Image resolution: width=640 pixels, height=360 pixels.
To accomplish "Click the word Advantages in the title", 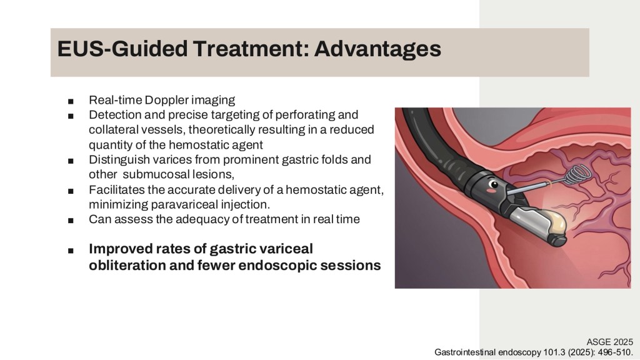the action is click(x=377, y=49).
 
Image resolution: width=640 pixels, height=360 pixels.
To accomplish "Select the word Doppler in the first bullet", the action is click(x=166, y=101).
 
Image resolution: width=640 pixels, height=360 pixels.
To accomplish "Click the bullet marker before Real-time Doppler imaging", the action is click(x=71, y=101).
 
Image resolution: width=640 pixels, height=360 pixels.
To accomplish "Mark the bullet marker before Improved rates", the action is click(x=71, y=251).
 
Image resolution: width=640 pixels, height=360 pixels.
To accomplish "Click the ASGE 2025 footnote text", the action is click(x=610, y=342).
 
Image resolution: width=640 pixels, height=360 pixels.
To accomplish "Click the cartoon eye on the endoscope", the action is click(x=494, y=184).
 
